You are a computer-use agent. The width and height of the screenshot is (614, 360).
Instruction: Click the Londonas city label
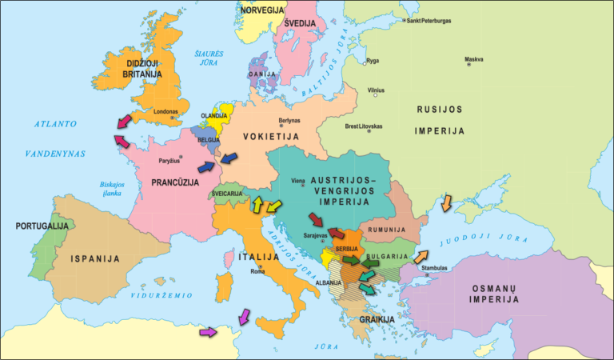point(165,112)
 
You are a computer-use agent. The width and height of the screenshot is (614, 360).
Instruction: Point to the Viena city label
point(298,181)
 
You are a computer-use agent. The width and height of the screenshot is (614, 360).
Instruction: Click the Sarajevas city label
point(317,237)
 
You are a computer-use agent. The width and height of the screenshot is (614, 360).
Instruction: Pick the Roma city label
point(257,271)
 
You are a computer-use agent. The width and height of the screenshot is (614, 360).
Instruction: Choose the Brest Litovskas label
point(363,126)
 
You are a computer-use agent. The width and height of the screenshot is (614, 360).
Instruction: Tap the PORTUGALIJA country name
point(42,226)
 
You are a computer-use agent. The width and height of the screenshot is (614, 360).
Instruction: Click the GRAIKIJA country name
point(377,319)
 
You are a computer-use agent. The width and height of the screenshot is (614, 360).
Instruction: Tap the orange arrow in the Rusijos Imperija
point(445,202)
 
